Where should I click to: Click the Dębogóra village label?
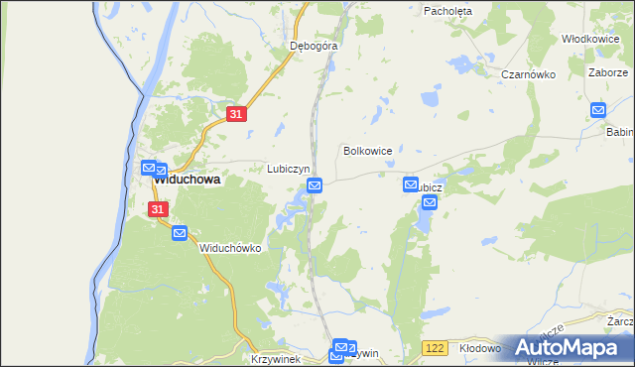[314, 46]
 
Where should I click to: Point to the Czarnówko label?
[526, 74]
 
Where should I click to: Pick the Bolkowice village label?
[367, 151]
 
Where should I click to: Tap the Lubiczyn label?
[289, 169]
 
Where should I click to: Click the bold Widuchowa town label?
[186, 182]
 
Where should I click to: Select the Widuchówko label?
[229, 249]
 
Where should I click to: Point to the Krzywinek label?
[274, 358]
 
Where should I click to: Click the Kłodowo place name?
[482, 349]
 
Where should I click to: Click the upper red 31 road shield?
[235, 115]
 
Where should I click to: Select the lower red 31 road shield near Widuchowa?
[158, 209]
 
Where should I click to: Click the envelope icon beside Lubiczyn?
[315, 185]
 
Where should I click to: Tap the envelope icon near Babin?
[598, 110]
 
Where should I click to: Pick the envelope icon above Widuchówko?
[180, 233]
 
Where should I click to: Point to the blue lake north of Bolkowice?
[429, 98]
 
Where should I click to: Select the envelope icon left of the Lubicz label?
[411, 184]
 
